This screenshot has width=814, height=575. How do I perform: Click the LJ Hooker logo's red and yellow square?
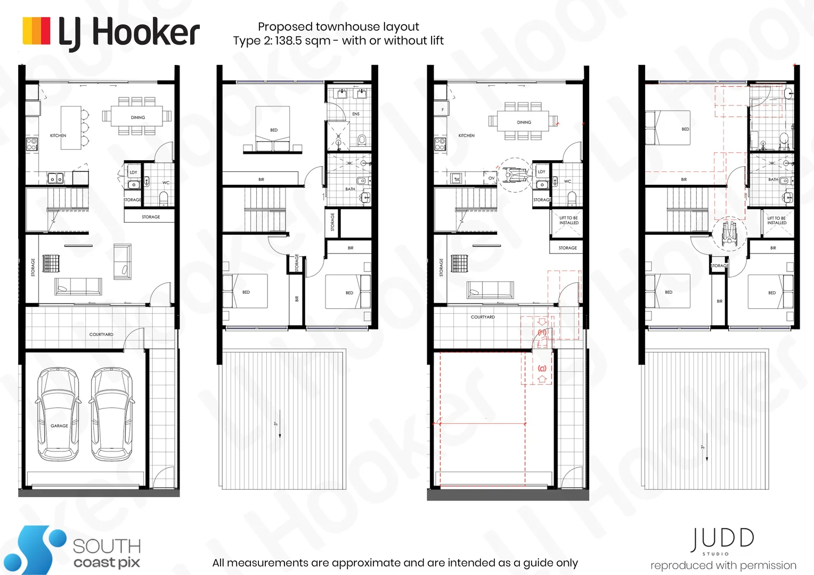point(36,31)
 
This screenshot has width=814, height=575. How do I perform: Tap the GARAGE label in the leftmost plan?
point(59,426)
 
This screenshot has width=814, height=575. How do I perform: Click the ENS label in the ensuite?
point(356,114)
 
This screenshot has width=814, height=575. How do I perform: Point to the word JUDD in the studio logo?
point(722,539)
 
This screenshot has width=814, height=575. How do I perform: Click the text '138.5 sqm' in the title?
point(302,41)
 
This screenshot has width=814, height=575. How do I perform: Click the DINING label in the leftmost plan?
point(138,117)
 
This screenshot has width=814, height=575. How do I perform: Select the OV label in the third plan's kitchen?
point(491,178)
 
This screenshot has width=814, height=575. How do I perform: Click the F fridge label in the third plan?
point(442,110)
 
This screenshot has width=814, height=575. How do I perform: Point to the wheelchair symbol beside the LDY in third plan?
point(514,175)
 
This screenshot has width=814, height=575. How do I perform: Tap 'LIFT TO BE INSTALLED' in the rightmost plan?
point(776,220)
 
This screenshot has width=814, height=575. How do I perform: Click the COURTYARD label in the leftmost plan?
point(101,334)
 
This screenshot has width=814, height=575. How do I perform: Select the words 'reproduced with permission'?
point(723,565)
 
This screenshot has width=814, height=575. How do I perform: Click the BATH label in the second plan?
point(350,189)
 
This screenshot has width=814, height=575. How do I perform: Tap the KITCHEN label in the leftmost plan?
point(58,136)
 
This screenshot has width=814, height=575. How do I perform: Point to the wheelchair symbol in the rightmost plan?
point(729,233)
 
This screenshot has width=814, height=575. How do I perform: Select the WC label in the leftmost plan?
point(166,183)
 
